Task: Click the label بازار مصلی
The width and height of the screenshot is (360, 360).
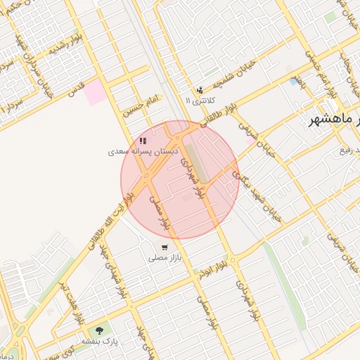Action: (165, 258)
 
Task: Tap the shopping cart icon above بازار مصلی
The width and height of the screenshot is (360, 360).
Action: (165, 247)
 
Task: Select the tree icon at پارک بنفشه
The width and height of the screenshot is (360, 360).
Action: (98, 329)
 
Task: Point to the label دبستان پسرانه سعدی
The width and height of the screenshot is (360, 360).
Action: (144, 151)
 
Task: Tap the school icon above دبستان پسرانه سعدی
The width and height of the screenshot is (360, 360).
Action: (143, 141)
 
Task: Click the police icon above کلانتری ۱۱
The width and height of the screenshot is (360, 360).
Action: (200, 90)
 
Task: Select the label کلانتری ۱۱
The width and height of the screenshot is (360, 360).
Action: (198, 101)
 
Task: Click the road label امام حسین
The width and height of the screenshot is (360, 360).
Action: (143, 104)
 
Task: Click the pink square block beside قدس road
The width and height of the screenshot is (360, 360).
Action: (95, 93)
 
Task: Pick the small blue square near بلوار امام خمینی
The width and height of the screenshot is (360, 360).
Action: (292, 82)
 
